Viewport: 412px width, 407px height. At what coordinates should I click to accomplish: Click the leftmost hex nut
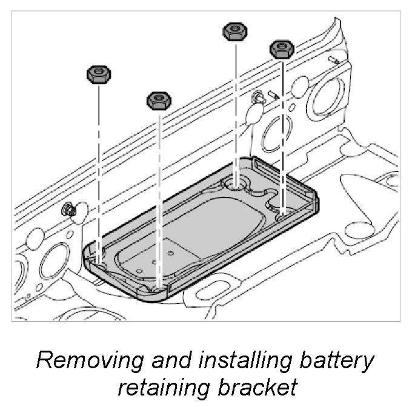(x=98, y=74)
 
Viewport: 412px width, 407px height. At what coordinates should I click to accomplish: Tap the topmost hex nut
(x=235, y=32)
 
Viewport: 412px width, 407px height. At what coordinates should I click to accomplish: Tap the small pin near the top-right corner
(x=335, y=59)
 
